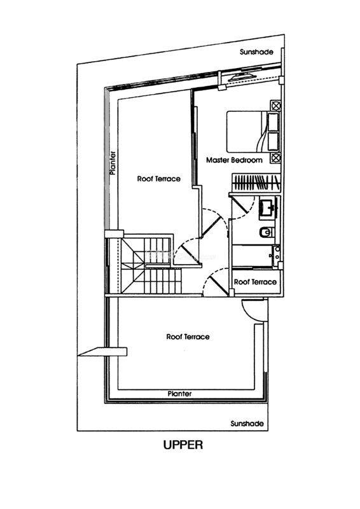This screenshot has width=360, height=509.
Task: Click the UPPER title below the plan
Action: (183, 444)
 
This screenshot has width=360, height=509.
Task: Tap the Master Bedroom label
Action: (234, 160)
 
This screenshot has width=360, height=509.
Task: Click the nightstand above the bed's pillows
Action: (275, 106)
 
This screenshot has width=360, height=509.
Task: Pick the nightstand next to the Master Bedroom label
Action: (275, 158)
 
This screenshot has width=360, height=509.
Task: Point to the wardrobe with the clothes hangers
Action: (256, 183)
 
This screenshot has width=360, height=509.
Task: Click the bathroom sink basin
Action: (268, 208)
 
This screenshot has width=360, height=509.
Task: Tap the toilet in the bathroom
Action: (267, 232)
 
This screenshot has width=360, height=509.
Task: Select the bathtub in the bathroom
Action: (256, 256)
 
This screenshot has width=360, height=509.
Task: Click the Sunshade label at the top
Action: (256, 52)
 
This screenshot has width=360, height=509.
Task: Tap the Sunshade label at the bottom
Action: (247, 424)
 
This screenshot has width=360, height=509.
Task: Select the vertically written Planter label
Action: (113, 163)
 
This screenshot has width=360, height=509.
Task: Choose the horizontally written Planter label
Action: (179, 394)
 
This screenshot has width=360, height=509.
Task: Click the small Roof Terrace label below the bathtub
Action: (255, 282)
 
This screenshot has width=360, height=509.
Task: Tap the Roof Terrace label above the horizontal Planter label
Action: (188, 337)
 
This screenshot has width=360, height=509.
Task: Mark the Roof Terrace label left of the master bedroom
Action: (159, 179)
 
